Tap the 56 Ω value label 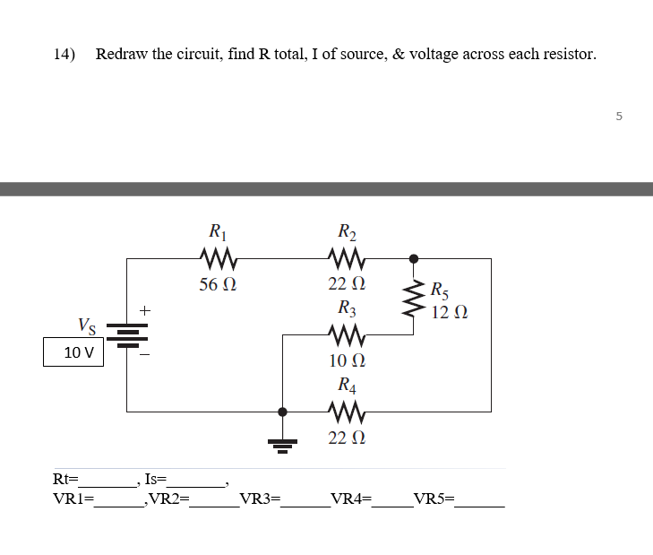(219, 285)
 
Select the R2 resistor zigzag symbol (346, 259)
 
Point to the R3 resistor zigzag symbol (346, 336)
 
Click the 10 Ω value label (346, 361)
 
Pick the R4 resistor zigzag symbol (346, 412)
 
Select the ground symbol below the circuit (283, 443)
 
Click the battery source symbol (126, 335)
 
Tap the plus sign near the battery (146, 310)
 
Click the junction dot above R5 (413, 258)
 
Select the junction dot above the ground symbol (283, 412)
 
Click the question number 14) (64, 54)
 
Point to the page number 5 (618, 116)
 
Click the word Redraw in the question (122, 54)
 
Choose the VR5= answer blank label (434, 499)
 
